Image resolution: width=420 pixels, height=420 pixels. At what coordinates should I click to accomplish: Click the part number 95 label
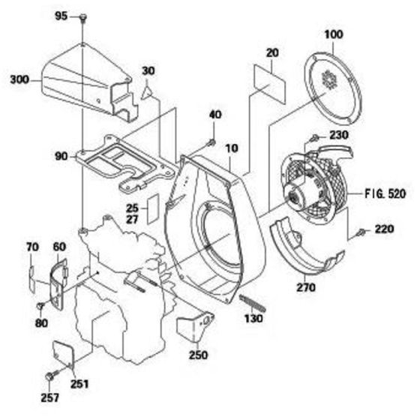coord(61,16)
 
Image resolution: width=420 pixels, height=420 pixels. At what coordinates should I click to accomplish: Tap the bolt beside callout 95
coord(83,18)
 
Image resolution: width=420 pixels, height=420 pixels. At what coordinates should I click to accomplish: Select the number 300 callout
coord(19,79)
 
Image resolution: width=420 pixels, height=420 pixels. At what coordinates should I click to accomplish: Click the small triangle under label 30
coord(147,93)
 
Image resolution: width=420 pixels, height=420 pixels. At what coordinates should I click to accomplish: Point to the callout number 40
coord(215,115)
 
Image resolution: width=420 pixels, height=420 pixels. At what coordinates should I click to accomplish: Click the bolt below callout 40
coord(211,142)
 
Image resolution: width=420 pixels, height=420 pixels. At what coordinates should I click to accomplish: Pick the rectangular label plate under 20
coord(270,83)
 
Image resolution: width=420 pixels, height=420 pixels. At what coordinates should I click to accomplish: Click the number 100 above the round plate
coord(334,34)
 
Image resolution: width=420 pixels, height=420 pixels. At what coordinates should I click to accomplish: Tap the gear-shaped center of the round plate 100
coord(329,79)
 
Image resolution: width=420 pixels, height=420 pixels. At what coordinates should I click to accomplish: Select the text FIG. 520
coord(385,193)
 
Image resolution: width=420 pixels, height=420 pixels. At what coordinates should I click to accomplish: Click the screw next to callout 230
coord(314,138)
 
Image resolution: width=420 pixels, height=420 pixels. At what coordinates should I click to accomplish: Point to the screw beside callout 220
coord(361,232)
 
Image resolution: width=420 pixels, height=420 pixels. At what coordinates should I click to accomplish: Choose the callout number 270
coord(306,287)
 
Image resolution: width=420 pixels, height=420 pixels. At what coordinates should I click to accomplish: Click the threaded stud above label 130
coord(252,303)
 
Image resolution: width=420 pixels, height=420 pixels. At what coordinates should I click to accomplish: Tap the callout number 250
coord(199,355)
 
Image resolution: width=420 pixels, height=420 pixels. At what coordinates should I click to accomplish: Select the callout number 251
coord(79,384)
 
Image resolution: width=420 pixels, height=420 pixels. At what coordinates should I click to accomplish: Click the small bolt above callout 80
coord(40,305)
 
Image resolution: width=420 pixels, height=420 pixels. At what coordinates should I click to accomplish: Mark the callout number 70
coord(32,247)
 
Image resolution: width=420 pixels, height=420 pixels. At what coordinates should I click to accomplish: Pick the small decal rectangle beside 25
coord(154,208)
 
